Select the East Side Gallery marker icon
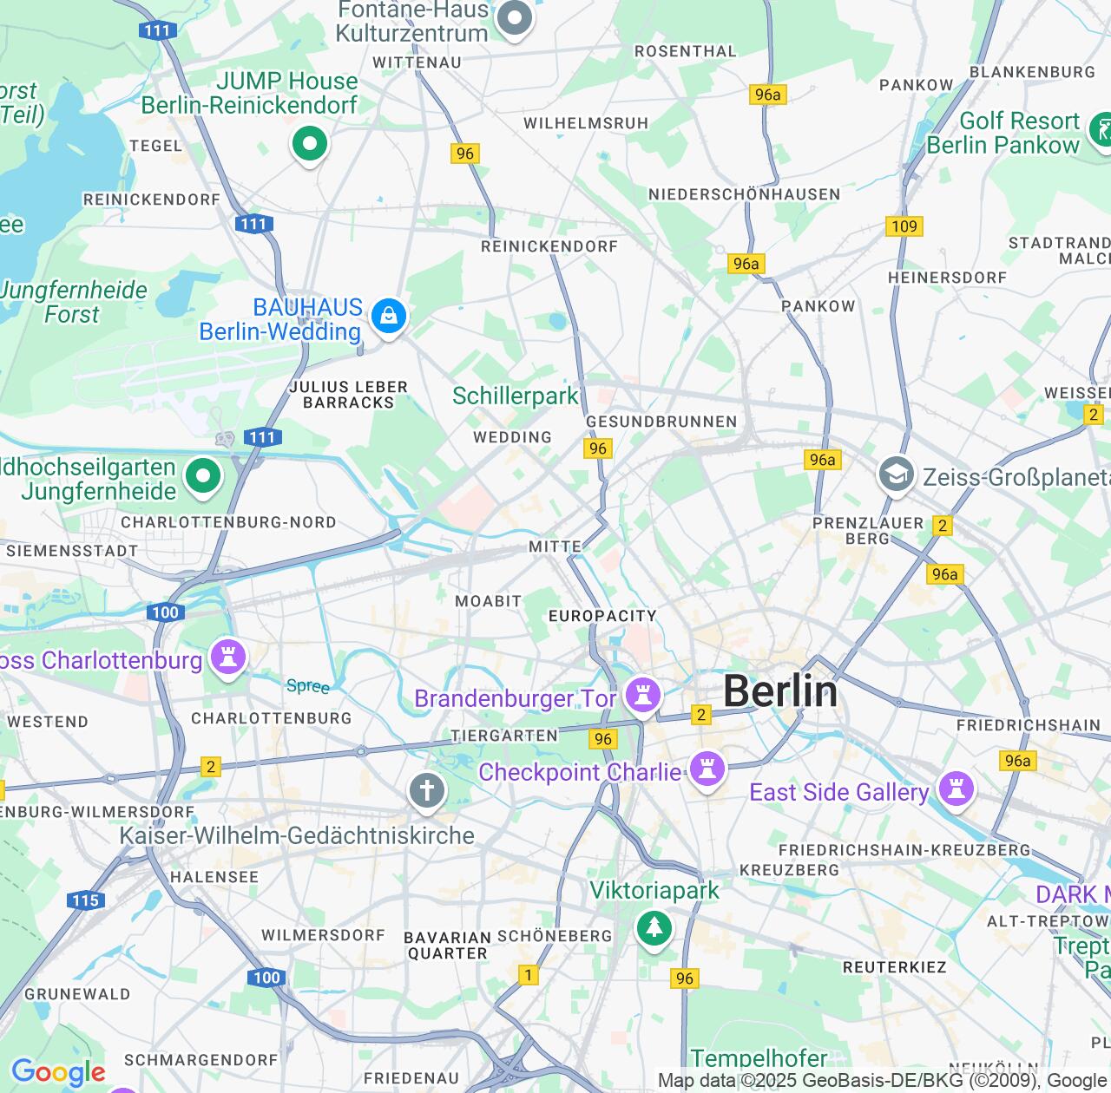tap(956, 789)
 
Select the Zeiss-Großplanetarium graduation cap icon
tap(896, 475)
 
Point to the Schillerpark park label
tap(515, 396)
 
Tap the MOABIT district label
tap(488, 601)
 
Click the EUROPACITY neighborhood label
tap(602, 616)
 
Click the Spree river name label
tap(308, 686)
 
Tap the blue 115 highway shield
tap(86, 900)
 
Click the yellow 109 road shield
tap(904, 226)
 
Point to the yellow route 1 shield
tap(528, 975)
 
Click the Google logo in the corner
tap(58, 1072)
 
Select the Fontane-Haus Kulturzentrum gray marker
tap(515, 18)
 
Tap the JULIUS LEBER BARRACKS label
tap(348, 395)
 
